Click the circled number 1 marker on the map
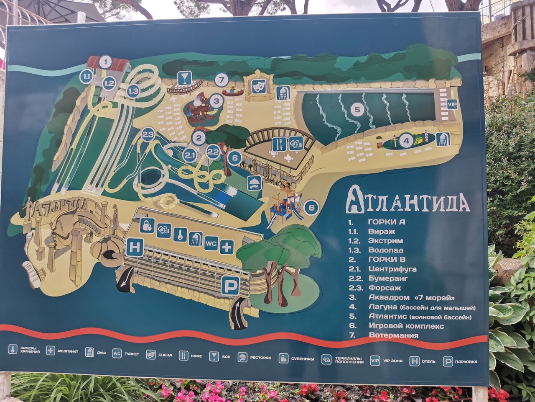point(105,62)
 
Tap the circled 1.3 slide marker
point(133,91)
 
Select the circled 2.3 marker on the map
point(148,134)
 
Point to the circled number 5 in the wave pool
point(357,110)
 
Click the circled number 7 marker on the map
point(222,80)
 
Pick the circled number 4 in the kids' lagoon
point(405,140)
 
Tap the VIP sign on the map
point(452,104)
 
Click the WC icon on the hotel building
point(211,243)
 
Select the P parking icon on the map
point(230,286)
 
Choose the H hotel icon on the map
point(135,247)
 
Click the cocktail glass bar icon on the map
point(184,77)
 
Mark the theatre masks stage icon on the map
point(259,86)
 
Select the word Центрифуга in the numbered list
point(392,269)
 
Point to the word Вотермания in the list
point(393,335)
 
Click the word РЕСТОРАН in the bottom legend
point(261,358)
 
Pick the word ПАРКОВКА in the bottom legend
point(466,361)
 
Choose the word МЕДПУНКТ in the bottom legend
point(68,351)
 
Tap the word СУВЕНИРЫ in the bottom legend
point(303,359)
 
